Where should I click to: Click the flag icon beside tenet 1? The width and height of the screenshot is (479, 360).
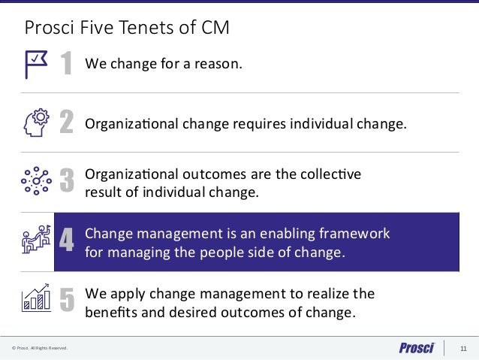[36, 64]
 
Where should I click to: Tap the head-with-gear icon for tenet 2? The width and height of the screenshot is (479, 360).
[37, 123]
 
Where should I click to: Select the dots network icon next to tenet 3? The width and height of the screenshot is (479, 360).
[36, 180]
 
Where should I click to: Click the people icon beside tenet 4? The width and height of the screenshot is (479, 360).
[36, 240]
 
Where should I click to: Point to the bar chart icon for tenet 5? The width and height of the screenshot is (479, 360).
[36, 298]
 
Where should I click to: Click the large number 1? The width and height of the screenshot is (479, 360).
[66, 65]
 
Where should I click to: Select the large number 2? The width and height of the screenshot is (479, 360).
[66, 123]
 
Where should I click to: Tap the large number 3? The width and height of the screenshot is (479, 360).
[66, 181]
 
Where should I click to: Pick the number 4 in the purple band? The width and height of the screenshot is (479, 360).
[66, 241]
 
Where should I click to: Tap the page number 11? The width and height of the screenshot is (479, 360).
[462, 348]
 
